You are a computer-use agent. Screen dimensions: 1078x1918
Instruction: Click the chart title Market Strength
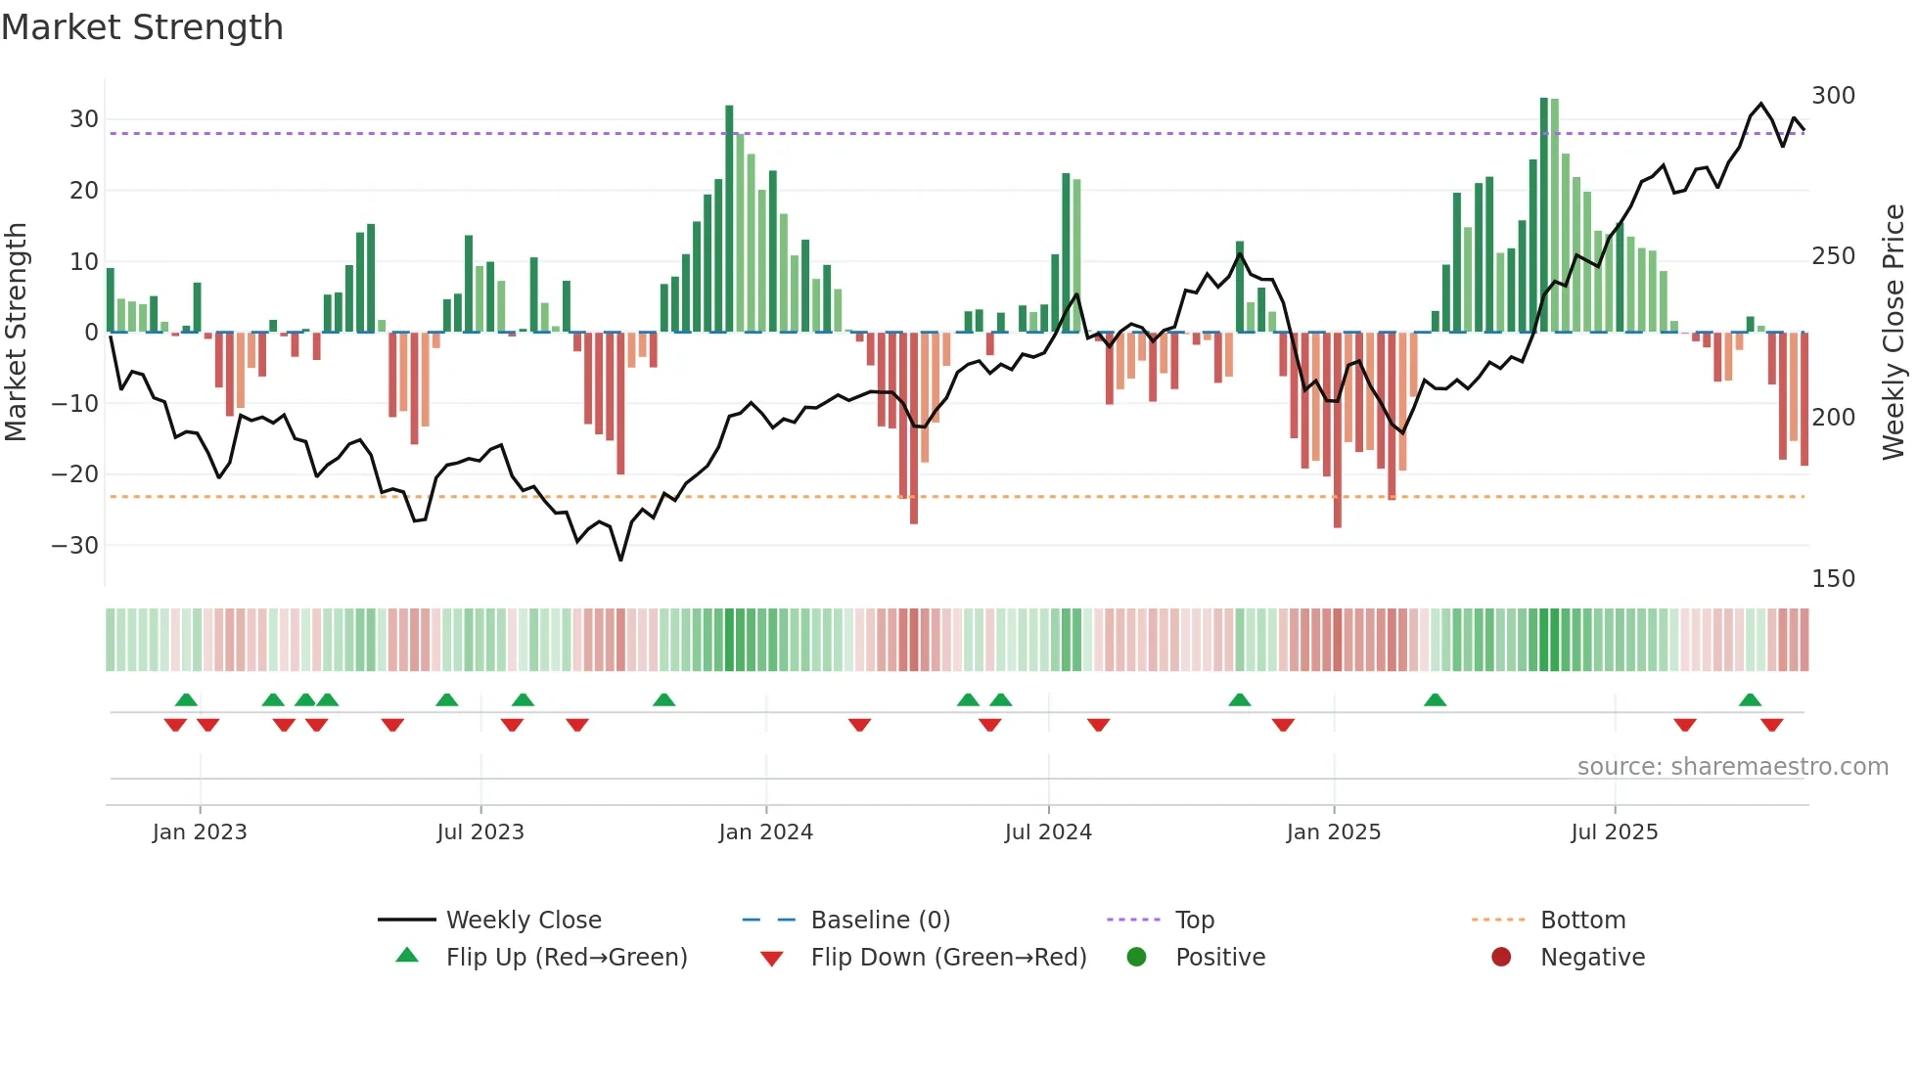pos(142,27)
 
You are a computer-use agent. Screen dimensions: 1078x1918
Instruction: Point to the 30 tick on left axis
pos(83,119)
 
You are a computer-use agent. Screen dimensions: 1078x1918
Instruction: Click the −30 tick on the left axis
pos(75,546)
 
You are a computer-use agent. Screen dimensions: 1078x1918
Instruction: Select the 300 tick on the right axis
pos(1833,96)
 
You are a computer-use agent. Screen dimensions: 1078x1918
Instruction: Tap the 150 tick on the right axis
pos(1833,579)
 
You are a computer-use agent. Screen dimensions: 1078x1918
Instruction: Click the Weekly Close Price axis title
pos(1894,333)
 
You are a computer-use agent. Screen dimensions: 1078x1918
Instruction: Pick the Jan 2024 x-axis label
pos(765,832)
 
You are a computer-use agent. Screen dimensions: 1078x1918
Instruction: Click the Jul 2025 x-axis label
pos(1614,832)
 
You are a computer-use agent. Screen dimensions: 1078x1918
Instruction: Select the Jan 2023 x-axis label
pos(200,832)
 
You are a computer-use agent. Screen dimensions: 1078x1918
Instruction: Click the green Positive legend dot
pos(1136,958)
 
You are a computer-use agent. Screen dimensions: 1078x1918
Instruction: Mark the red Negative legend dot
pos(1501,958)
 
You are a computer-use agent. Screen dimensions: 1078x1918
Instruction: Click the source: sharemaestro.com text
pos(1732,767)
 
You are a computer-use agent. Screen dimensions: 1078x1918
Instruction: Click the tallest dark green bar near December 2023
pos(729,215)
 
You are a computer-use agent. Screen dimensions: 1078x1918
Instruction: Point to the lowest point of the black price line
pos(620,560)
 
